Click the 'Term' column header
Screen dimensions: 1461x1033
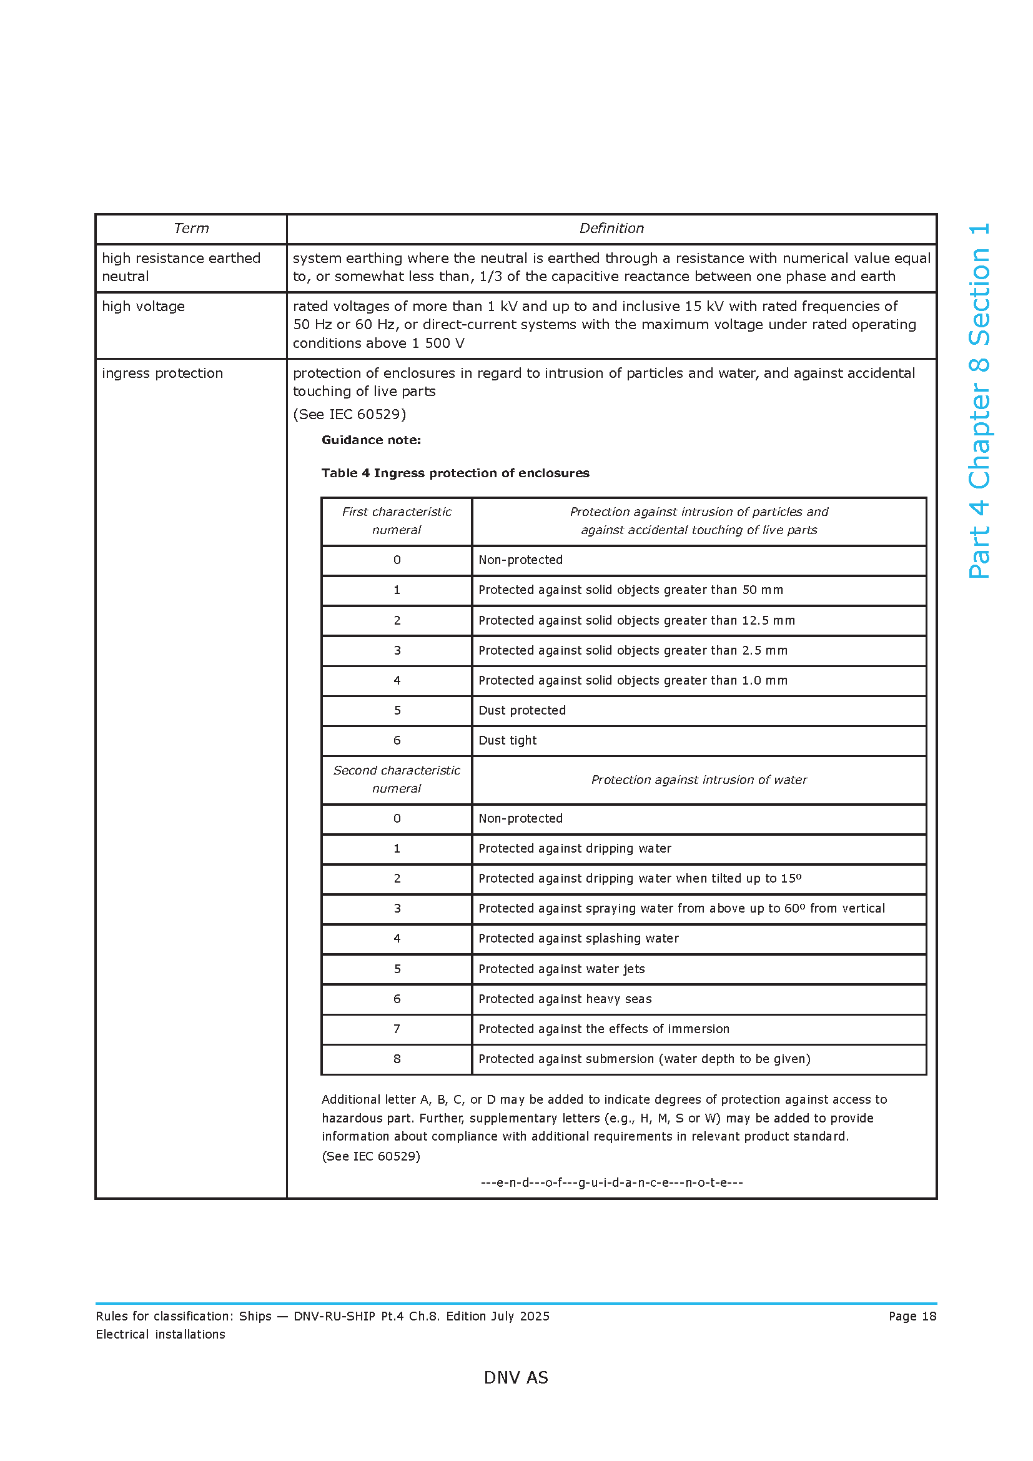(191, 229)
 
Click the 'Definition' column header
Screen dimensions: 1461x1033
(611, 229)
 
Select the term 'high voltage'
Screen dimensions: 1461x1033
(143, 307)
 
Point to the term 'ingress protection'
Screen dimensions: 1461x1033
(162, 374)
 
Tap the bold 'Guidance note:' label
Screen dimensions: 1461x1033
(371, 440)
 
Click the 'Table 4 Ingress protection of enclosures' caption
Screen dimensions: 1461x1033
(455, 473)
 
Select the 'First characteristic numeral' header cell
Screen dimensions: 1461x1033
(397, 521)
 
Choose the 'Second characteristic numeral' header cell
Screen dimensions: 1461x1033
(397, 780)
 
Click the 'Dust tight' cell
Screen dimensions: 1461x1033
(507, 741)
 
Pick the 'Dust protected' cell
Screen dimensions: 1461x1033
(521, 711)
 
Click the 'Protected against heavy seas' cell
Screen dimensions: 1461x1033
(565, 999)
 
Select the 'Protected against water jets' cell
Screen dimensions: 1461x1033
(561, 970)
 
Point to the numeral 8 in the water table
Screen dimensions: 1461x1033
(397, 1059)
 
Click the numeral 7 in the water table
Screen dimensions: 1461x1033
(397, 1029)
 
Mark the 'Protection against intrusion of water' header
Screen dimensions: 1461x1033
(698, 780)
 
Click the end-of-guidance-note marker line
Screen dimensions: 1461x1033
(611, 1183)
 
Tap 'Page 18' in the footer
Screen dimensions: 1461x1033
(912, 1317)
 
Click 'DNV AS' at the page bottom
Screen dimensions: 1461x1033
(516, 1378)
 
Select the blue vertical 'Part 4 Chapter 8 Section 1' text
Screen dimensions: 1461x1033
(979, 401)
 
